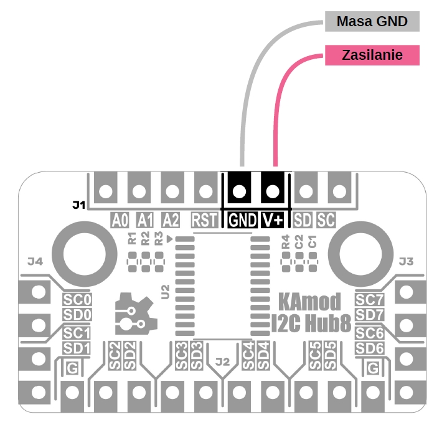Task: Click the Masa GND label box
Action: click(372, 22)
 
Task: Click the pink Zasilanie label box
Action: click(372, 55)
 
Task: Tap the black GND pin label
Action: click(242, 220)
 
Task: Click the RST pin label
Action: click(204, 220)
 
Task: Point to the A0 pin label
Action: click(120, 220)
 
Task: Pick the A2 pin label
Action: click(171, 220)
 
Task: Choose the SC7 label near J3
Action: click(369, 299)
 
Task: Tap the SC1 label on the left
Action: click(77, 333)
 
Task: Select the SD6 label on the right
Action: click(369, 347)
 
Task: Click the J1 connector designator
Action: click(78, 204)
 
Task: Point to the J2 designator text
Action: click(223, 361)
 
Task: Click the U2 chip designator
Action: click(165, 291)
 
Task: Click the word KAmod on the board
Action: click(309, 302)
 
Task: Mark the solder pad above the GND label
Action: click(238, 190)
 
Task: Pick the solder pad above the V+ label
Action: click(271, 190)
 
